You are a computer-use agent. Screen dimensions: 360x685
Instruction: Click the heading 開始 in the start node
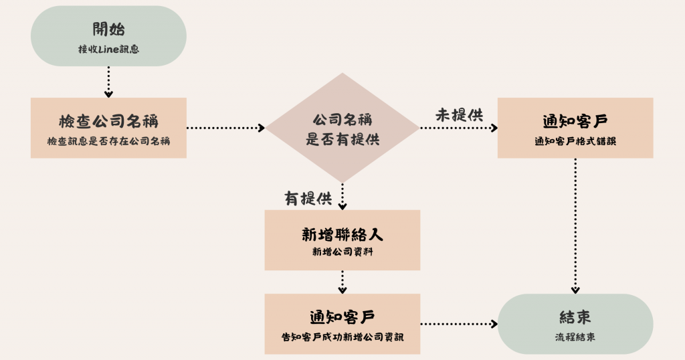coord(108,29)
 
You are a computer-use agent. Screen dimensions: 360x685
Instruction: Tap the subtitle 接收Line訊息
coord(108,49)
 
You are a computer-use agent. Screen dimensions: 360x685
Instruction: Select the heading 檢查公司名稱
coord(108,122)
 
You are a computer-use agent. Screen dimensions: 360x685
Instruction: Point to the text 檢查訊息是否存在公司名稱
coord(108,141)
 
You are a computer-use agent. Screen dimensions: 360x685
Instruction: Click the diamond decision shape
coord(342,128)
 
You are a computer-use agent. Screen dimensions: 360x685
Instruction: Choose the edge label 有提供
coord(308,199)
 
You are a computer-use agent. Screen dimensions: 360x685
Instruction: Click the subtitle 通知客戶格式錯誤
coord(575,141)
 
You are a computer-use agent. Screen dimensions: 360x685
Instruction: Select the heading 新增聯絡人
coord(342,236)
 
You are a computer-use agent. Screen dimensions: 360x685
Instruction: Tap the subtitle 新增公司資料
coord(342,253)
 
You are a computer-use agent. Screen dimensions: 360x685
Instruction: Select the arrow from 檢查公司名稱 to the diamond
coord(226,127)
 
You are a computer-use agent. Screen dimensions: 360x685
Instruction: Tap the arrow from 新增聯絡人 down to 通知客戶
coord(342,282)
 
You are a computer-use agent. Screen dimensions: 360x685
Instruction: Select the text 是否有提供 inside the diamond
coord(342,139)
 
